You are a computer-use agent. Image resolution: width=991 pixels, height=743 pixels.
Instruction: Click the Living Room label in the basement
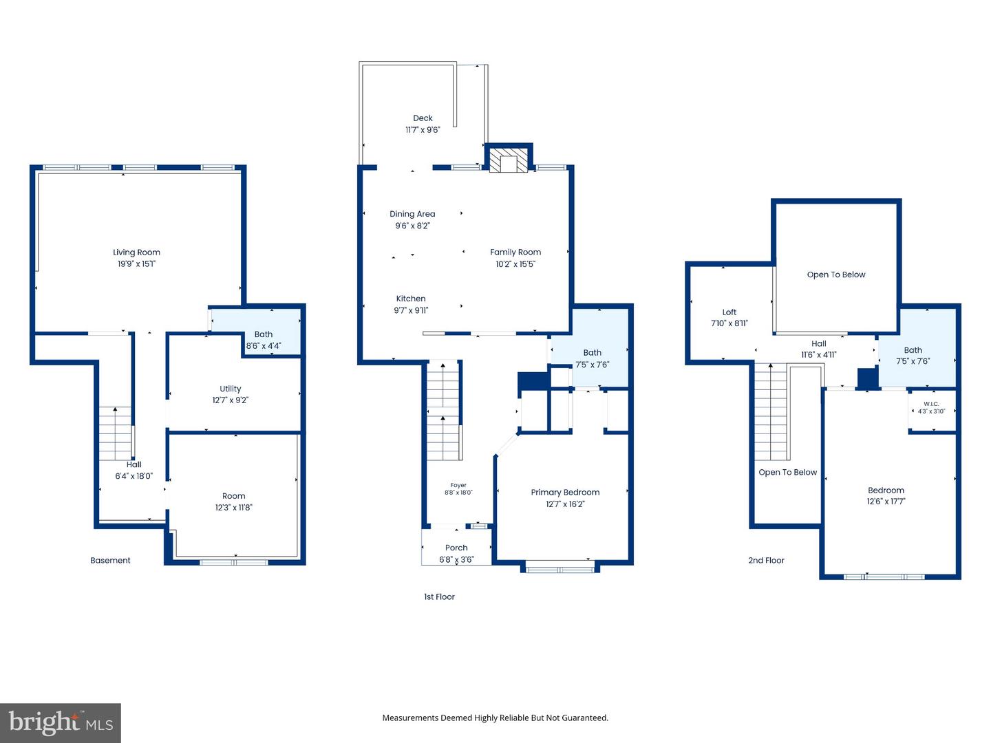coord(136,252)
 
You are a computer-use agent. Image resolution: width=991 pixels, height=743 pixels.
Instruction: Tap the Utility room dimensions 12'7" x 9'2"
coord(231,400)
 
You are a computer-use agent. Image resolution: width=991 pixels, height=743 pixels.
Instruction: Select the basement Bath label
coord(263,334)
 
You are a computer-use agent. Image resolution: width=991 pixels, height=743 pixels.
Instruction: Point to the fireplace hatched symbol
coord(509,160)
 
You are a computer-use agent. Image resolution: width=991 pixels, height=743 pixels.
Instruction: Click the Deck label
coord(423,118)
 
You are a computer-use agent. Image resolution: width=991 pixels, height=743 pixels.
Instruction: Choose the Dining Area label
coord(412,214)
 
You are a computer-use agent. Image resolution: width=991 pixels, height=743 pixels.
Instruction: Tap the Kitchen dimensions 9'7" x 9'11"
coord(411,310)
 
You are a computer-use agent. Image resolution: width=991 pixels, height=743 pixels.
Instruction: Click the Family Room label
coord(515,252)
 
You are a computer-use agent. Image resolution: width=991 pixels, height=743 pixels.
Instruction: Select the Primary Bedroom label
coord(565,492)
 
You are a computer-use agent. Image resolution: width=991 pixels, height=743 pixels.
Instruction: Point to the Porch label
coord(456,548)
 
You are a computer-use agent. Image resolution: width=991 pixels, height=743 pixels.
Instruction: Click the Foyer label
coord(458,486)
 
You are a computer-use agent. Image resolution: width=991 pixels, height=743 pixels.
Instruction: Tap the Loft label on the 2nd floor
coord(729,312)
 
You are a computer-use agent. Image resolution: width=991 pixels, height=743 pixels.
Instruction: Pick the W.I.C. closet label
coord(931,405)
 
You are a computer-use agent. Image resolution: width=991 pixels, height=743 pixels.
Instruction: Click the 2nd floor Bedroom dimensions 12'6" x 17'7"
coord(886,502)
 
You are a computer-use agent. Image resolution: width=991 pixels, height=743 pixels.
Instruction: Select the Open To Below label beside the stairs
coord(787,473)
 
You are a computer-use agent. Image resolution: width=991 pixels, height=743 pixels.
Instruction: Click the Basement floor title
coord(110,560)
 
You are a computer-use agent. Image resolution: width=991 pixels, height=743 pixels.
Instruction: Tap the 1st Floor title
coord(439,597)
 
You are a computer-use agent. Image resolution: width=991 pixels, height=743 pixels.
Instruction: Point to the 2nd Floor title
coord(766,560)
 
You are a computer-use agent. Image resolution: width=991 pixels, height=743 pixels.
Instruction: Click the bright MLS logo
coord(61,722)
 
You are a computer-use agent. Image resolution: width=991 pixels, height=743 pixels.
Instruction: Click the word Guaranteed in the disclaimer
coord(585,718)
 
